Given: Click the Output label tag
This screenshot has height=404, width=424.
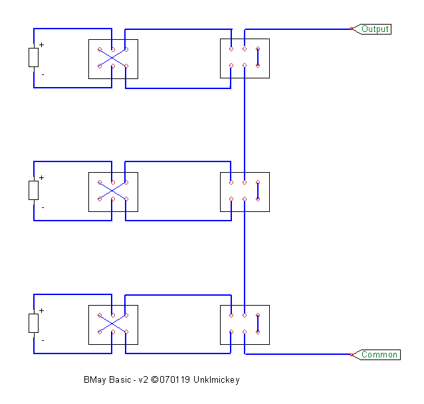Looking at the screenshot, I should coord(375,29).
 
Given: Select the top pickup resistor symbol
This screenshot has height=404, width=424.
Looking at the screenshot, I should coord(34,58).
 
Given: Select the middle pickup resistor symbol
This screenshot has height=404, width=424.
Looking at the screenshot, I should coord(34,191).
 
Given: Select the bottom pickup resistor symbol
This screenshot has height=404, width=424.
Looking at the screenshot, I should coord(34,324).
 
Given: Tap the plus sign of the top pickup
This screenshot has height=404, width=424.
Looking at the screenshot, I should coord(41,45).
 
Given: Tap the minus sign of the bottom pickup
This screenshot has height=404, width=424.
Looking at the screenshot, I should coord(43,340).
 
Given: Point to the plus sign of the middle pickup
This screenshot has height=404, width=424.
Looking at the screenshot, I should coord(41,178).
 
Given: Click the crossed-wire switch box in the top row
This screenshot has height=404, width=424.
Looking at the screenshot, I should coord(113,58).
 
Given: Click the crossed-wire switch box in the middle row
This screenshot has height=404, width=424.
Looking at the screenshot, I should coord(113,191).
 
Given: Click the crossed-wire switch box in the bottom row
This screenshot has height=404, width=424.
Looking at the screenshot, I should coord(113,324).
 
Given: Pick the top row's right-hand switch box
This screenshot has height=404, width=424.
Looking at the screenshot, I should coord(245,58).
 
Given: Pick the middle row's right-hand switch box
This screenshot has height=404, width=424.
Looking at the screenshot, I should coord(245,191).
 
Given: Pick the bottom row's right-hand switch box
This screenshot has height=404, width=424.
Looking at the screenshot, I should coord(245,324).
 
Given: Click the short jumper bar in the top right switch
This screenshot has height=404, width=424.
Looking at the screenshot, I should coord(258,57).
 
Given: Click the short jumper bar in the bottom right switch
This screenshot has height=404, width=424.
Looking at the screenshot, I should coord(258,324).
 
